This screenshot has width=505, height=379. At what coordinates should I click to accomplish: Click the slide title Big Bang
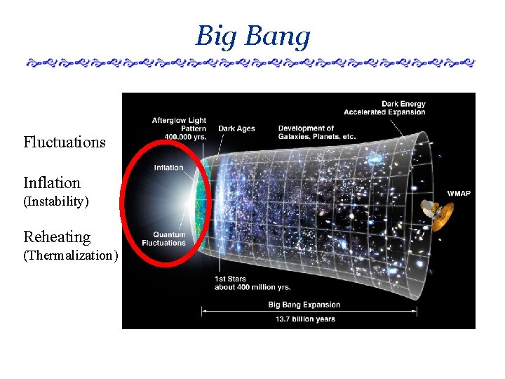252,36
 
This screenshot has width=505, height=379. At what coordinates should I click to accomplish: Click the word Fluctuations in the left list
65,142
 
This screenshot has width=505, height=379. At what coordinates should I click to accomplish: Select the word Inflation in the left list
52,183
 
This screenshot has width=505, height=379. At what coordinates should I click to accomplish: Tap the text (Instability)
56,201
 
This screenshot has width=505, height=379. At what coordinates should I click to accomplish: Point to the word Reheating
57,237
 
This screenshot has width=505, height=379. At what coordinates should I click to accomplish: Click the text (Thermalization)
70,255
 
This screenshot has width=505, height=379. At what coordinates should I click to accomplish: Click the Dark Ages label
236,128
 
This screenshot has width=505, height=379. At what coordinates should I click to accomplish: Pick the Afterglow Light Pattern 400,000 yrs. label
179,129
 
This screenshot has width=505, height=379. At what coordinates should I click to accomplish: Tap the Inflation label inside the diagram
168,168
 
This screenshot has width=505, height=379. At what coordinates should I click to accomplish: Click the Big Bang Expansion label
304,305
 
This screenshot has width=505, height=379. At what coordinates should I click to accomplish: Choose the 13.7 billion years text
305,319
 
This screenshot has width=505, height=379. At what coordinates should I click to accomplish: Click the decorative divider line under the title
250,63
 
